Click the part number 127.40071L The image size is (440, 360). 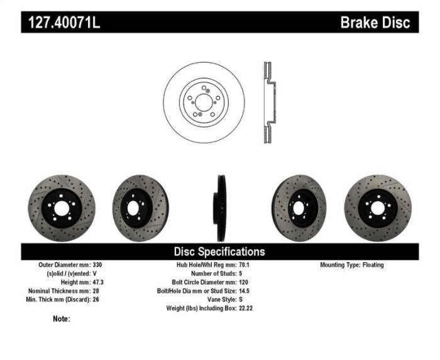(63, 23)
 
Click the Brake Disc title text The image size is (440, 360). (375, 23)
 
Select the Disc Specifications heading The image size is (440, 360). (219, 251)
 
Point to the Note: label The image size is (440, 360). (62, 319)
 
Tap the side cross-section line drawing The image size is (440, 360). (267, 102)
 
